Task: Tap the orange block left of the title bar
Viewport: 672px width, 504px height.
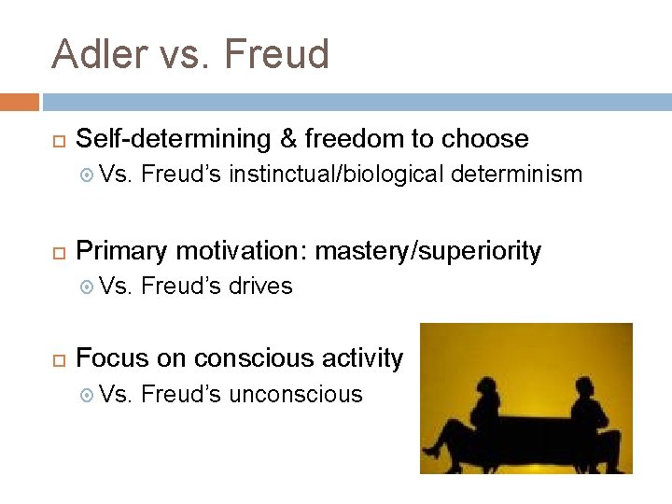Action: (20, 102)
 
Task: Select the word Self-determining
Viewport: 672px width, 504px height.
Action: (173, 140)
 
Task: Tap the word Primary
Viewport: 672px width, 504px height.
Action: (121, 251)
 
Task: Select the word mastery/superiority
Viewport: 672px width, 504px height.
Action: (427, 251)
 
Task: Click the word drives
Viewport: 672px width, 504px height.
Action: (260, 287)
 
